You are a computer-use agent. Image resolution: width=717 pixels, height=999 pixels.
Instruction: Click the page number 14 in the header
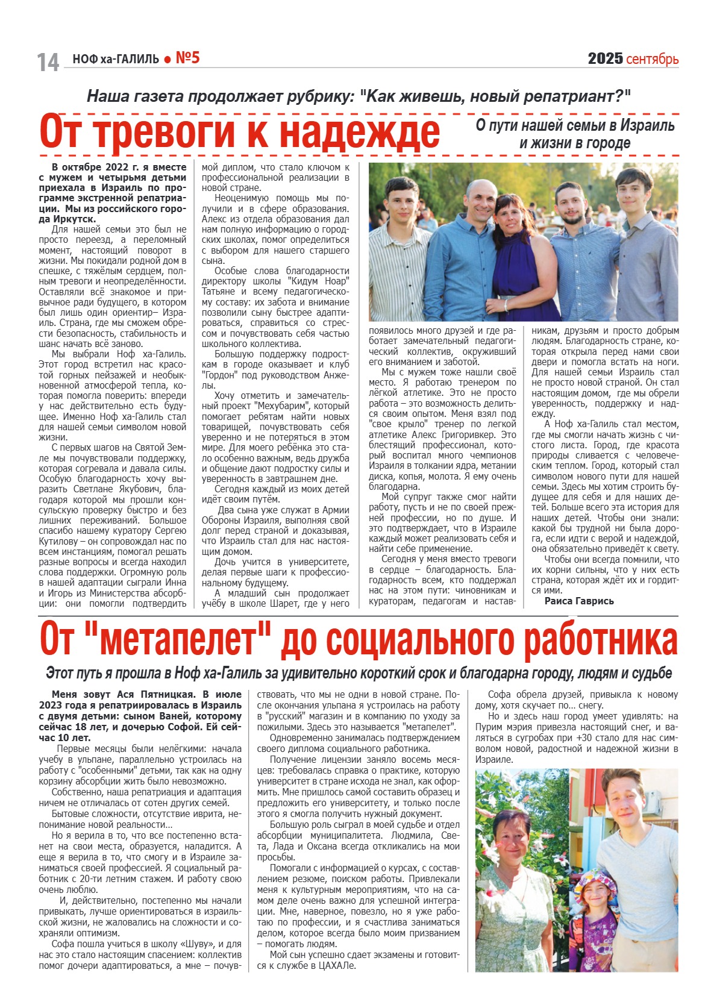pos(48,61)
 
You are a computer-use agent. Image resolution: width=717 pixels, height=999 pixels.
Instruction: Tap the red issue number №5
pos(187,58)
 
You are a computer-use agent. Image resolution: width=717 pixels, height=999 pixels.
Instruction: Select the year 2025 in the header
pos(605,58)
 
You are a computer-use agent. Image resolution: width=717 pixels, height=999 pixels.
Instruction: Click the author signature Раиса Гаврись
pos(579,601)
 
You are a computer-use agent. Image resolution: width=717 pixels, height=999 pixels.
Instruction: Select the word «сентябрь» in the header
pos(653,59)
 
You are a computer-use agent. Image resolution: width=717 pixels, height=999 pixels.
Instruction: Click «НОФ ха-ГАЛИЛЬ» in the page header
pos(116,59)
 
